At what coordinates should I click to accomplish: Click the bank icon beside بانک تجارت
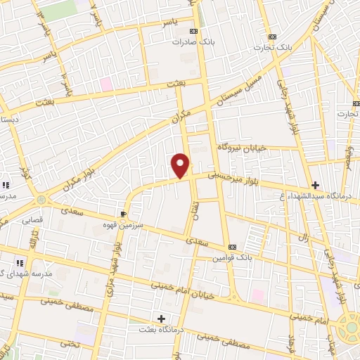click(x=272, y=37)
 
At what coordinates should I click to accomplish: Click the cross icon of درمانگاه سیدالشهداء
click(x=315, y=186)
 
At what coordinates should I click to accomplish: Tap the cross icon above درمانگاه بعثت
click(x=162, y=319)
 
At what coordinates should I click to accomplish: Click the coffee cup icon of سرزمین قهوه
click(x=124, y=213)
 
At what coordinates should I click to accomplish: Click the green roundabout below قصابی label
click(x=41, y=200)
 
